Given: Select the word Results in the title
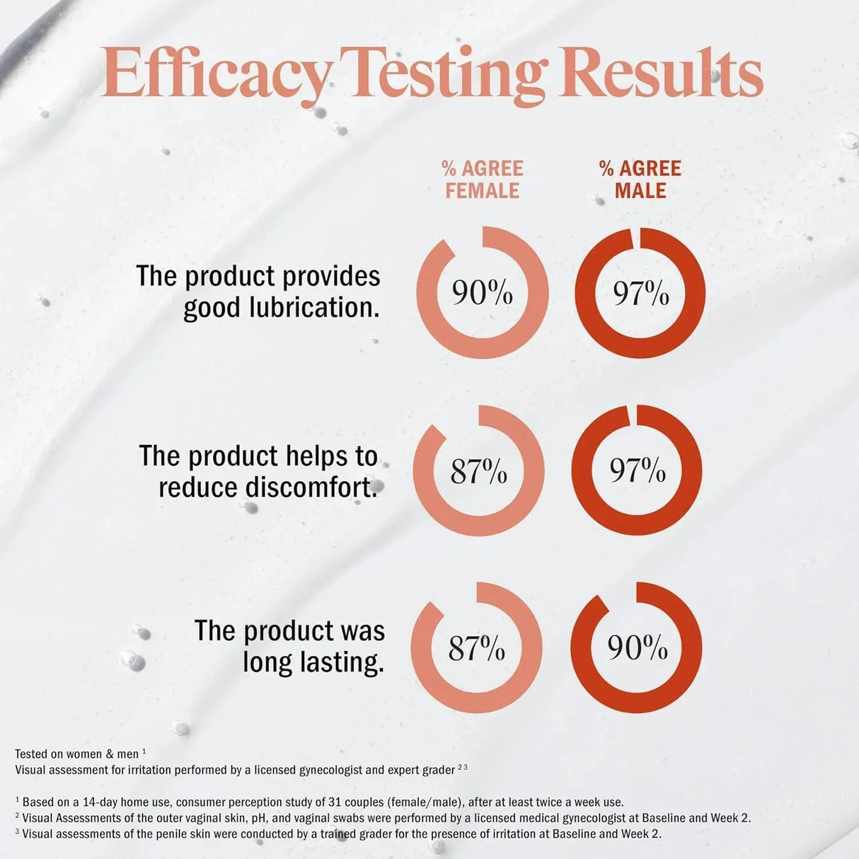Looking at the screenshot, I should click(665, 74).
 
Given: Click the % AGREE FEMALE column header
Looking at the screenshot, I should click(482, 180).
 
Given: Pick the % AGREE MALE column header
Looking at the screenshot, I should click(640, 180).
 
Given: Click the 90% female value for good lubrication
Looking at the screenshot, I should click(483, 293).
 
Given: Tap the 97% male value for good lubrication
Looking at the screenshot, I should click(640, 293).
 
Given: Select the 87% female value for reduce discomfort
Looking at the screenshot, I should click(479, 471).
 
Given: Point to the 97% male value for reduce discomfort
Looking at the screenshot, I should click(637, 471).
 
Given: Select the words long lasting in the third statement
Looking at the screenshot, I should click(313, 662).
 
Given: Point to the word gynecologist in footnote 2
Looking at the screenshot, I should click(572, 818).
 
